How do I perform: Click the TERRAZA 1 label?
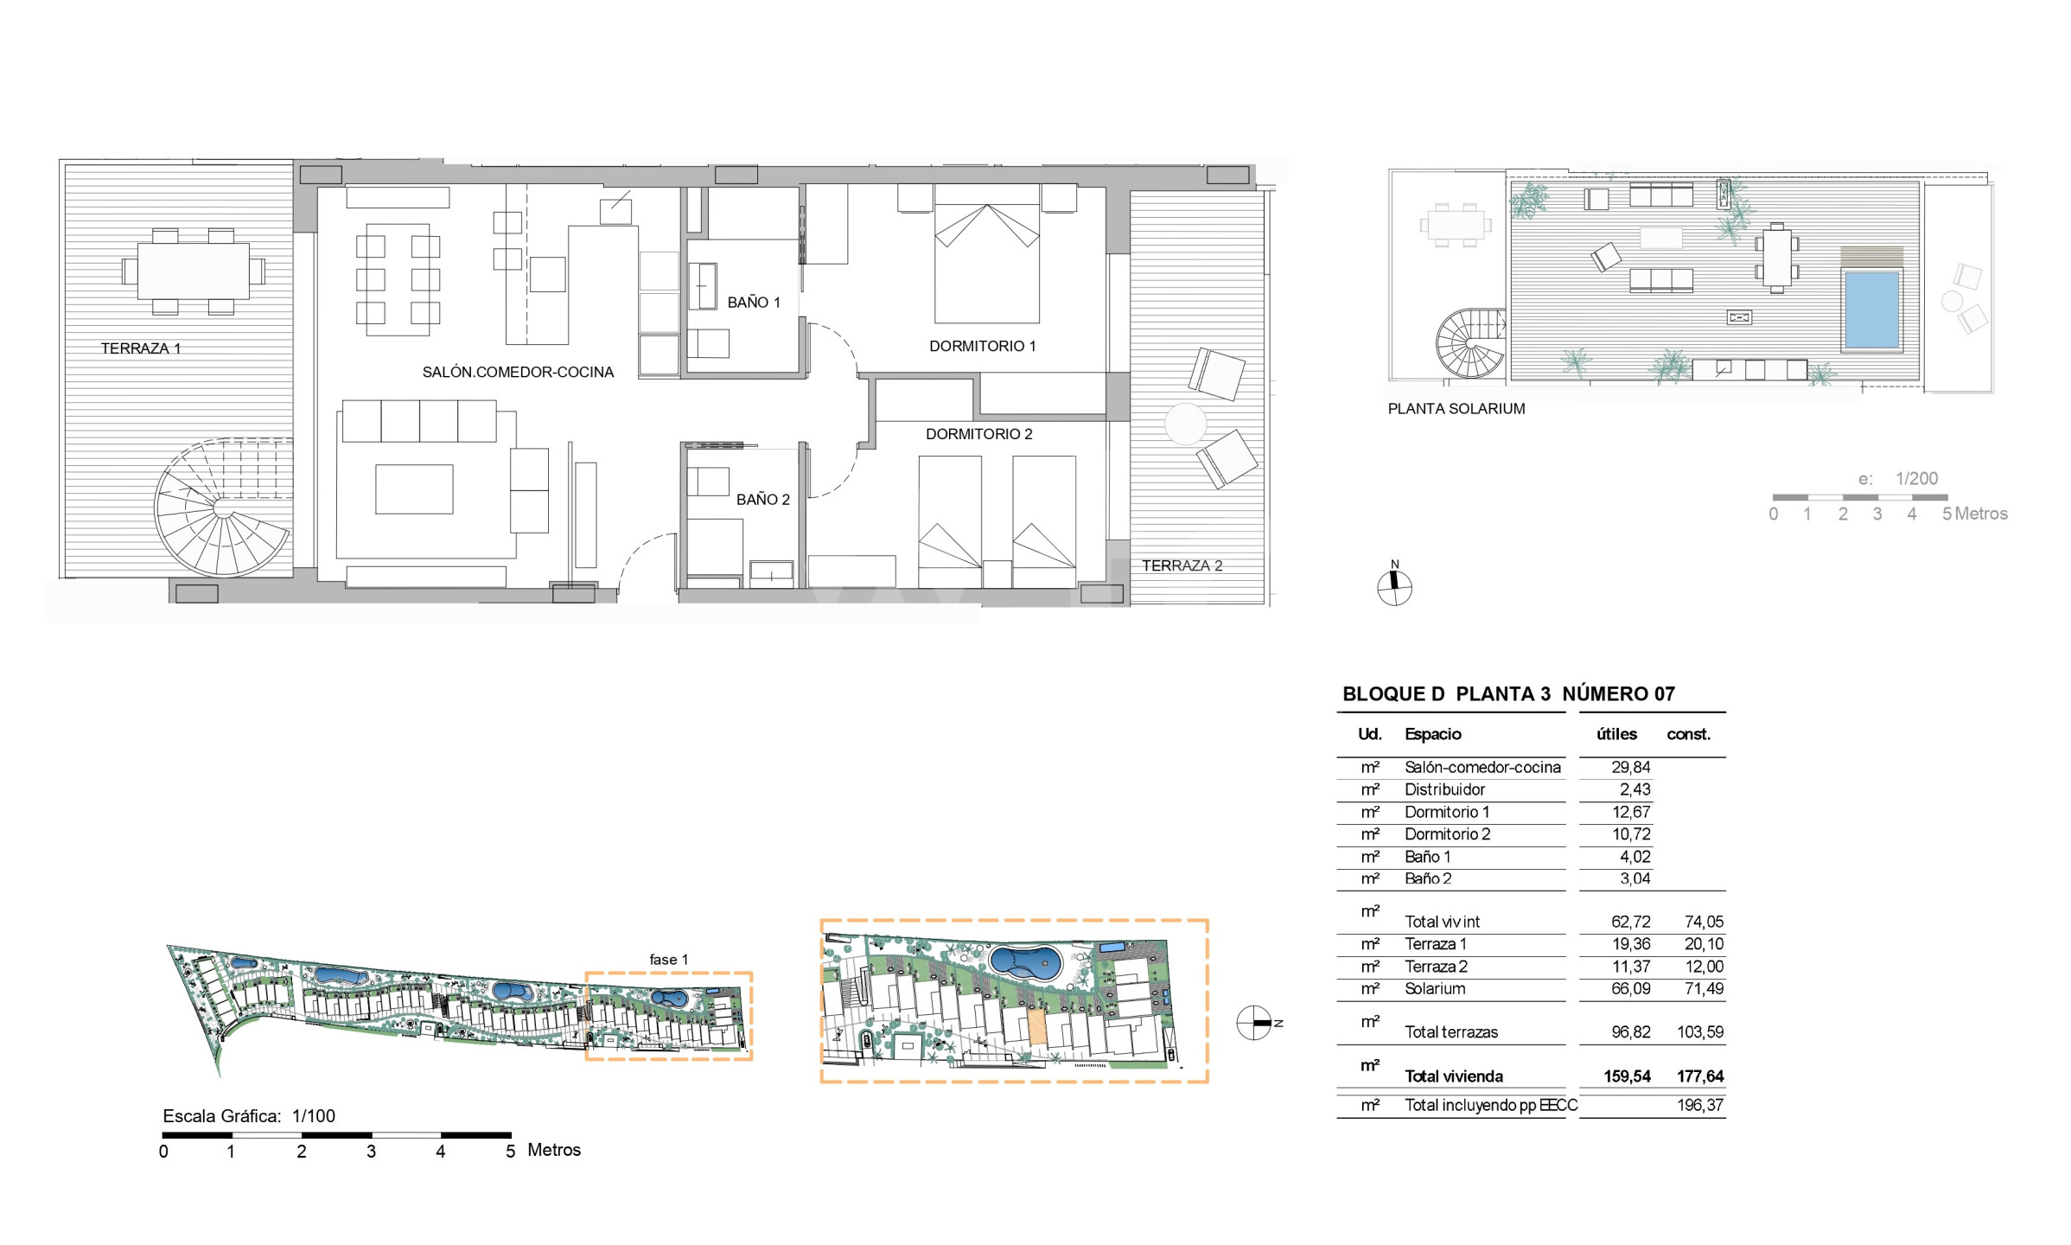pyautogui.click(x=141, y=348)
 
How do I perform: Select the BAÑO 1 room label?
pyautogui.click(x=754, y=303)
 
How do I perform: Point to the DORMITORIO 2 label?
pyautogui.click(x=979, y=434)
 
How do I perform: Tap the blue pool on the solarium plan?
pyautogui.click(x=1872, y=309)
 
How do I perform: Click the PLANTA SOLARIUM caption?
pyautogui.click(x=1456, y=409)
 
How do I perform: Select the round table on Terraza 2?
pyautogui.click(x=1185, y=425)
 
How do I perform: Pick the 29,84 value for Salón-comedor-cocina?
pyautogui.click(x=1631, y=767)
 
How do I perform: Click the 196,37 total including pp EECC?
pyautogui.click(x=1700, y=1105)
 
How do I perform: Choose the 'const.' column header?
pyautogui.click(x=1689, y=734)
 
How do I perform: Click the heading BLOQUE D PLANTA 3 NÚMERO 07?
pyautogui.click(x=1508, y=693)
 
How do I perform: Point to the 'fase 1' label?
pyautogui.click(x=669, y=960)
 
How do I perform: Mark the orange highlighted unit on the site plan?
pyautogui.click(x=1035, y=1028)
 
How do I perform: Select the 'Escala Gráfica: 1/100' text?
pyautogui.click(x=249, y=1116)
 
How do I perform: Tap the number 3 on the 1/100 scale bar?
pyautogui.click(x=371, y=1152)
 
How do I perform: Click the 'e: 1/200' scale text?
pyautogui.click(x=1898, y=478)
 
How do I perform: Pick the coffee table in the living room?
pyautogui.click(x=414, y=489)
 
